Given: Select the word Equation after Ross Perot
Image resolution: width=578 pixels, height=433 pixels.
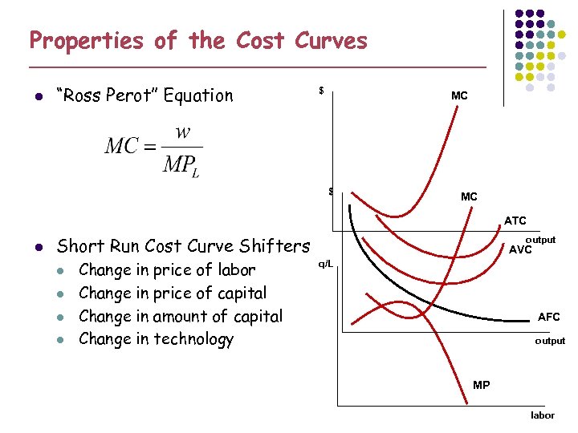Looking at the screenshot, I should [197, 95].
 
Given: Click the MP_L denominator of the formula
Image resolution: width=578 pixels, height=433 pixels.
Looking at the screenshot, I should [182, 165].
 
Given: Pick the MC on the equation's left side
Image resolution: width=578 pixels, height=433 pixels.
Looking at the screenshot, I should [121, 148].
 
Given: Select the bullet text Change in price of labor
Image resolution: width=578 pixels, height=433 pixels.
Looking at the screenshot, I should [167, 270].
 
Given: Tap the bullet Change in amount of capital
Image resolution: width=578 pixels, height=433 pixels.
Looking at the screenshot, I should [181, 316].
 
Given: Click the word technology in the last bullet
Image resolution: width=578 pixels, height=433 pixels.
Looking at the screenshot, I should [192, 339].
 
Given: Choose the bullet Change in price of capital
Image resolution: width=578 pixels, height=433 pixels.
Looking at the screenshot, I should [173, 293].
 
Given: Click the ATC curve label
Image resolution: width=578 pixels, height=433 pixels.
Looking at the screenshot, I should [515, 221].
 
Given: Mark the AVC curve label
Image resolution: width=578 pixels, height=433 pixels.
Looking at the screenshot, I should [521, 250].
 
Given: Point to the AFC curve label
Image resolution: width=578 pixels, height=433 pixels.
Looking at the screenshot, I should [549, 317].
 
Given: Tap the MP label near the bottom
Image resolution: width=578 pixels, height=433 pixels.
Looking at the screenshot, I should [482, 386].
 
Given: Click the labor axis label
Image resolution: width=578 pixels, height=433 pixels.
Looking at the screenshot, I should [542, 415].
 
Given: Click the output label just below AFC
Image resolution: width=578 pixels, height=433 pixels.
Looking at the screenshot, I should [550, 341].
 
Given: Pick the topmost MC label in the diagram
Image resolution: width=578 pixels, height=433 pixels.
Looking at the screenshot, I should [459, 95].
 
